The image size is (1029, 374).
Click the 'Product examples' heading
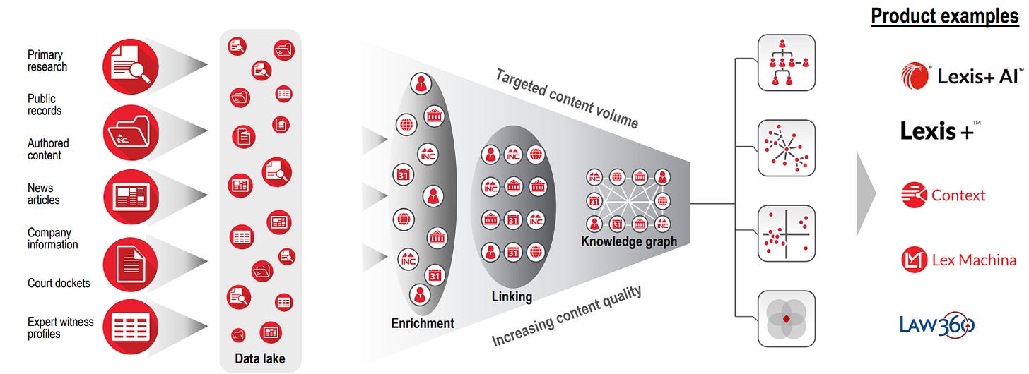(944, 16)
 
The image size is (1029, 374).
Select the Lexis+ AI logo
(962, 76)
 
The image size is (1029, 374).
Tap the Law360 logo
(937, 325)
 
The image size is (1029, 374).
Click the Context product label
(958, 195)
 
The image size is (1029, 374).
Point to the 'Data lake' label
(260, 358)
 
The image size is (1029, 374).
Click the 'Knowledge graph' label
(629, 241)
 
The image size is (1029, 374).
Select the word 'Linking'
(512, 296)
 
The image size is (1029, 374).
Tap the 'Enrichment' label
(423, 323)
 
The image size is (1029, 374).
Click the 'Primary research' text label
(47, 61)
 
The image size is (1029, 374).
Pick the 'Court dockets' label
(59, 283)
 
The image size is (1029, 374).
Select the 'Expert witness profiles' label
(60, 327)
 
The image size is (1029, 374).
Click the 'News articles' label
(44, 194)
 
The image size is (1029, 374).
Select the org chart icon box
(786, 63)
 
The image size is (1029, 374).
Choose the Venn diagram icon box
(786, 319)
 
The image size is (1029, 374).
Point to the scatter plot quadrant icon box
(786, 234)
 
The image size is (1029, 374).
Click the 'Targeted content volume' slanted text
(566, 99)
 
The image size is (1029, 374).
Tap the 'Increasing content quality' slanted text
(566, 316)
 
